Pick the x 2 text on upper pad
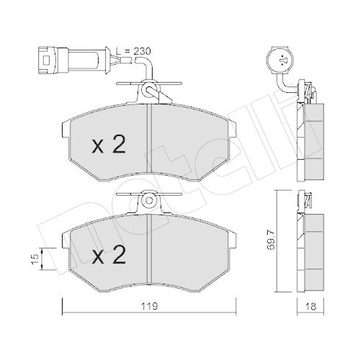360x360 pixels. pos(109,146)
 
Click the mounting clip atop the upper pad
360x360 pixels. pos(149,90)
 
